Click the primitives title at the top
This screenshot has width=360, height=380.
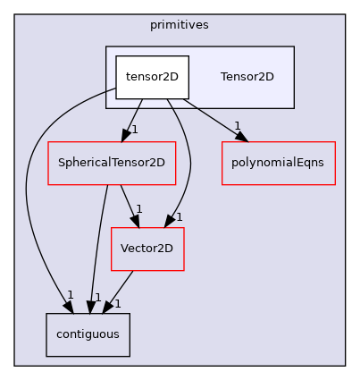coord(180,25)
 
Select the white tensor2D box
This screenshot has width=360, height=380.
coord(152,77)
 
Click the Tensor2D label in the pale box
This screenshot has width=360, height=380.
coord(247,77)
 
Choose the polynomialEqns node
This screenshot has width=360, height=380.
coord(278,164)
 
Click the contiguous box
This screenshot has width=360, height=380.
coord(88,334)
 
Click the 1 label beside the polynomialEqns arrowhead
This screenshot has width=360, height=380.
coord(237,125)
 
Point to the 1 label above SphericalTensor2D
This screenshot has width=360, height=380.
coord(134,130)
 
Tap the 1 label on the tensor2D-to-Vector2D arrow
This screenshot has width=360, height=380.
coord(179,216)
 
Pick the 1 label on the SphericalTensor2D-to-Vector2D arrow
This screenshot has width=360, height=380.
coord(139,209)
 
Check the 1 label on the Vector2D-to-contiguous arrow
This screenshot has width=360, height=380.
coord(117,304)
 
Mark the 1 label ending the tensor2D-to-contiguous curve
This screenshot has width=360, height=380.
coord(70,295)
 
